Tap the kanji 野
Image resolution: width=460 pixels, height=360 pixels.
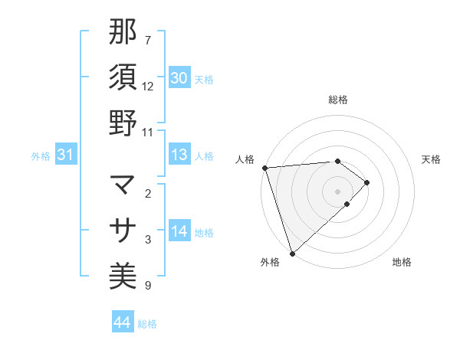point(123,123)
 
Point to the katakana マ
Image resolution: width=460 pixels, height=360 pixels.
point(123,185)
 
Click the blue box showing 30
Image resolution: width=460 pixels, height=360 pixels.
point(179,78)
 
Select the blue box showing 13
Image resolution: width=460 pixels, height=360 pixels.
point(179,155)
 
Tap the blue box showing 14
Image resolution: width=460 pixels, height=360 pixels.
point(179,231)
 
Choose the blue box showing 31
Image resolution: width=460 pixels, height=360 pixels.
point(66,155)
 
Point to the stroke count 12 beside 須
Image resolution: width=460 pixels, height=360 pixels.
point(148,86)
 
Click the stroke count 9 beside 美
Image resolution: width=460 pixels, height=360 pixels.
point(148,286)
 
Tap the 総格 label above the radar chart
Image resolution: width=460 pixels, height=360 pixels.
point(338,100)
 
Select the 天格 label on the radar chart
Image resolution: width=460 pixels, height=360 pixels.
point(431,159)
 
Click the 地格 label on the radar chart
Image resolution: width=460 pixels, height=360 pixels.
point(402,262)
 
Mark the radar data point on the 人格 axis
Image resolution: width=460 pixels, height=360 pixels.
point(264,167)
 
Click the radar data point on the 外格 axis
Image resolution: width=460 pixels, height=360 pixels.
point(292,253)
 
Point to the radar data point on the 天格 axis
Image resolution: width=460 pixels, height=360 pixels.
point(367,182)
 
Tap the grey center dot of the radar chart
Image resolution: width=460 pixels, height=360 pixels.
point(338,191)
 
